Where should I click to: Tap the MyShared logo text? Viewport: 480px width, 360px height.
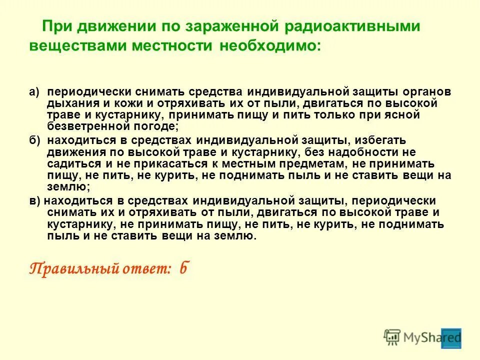pos(432,337)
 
